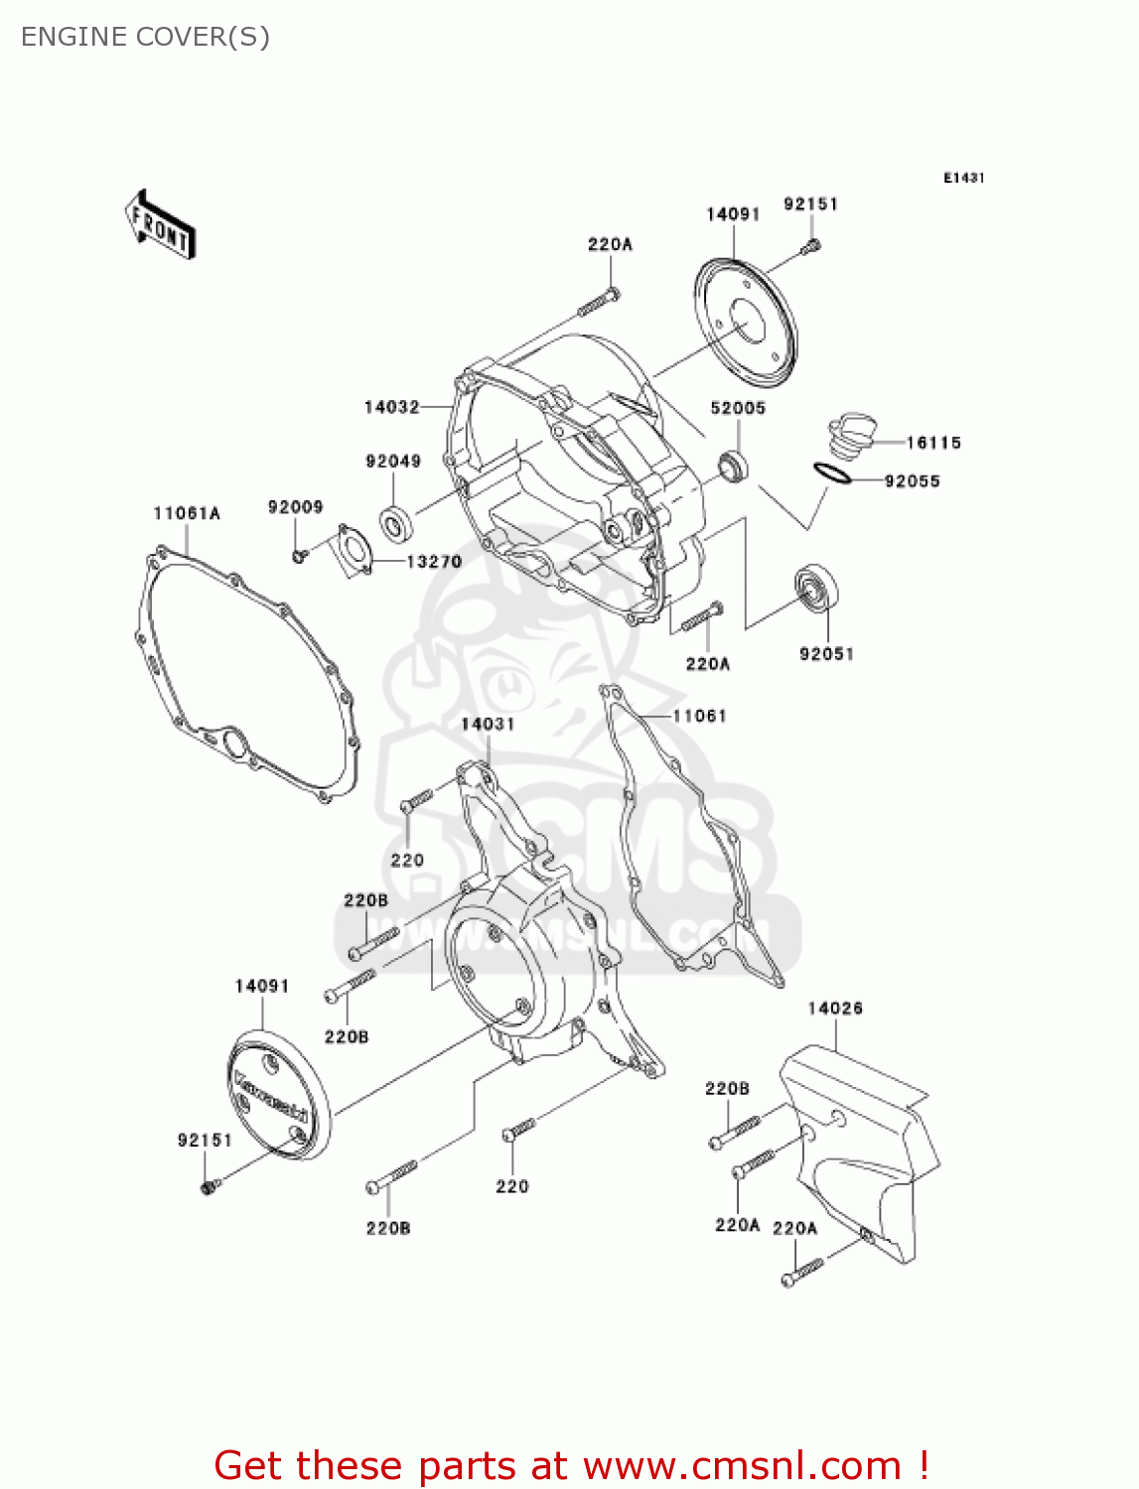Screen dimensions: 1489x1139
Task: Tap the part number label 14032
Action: pos(392,407)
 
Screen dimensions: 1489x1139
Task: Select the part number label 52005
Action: pos(738,408)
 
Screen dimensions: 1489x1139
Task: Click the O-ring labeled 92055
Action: pos(831,474)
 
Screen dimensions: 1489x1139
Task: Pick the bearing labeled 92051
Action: pos(818,588)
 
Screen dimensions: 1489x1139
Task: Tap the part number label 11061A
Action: pos(187,513)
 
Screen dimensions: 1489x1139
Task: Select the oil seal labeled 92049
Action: pos(397,523)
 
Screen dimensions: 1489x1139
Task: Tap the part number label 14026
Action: pos(835,1009)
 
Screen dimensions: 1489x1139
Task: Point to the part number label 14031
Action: pos(488,724)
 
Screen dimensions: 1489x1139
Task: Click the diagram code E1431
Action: pos(963,178)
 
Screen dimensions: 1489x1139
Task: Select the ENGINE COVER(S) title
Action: pos(145,37)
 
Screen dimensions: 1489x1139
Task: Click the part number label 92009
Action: pos(295,507)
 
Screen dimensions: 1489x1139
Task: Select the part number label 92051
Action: pos(826,653)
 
